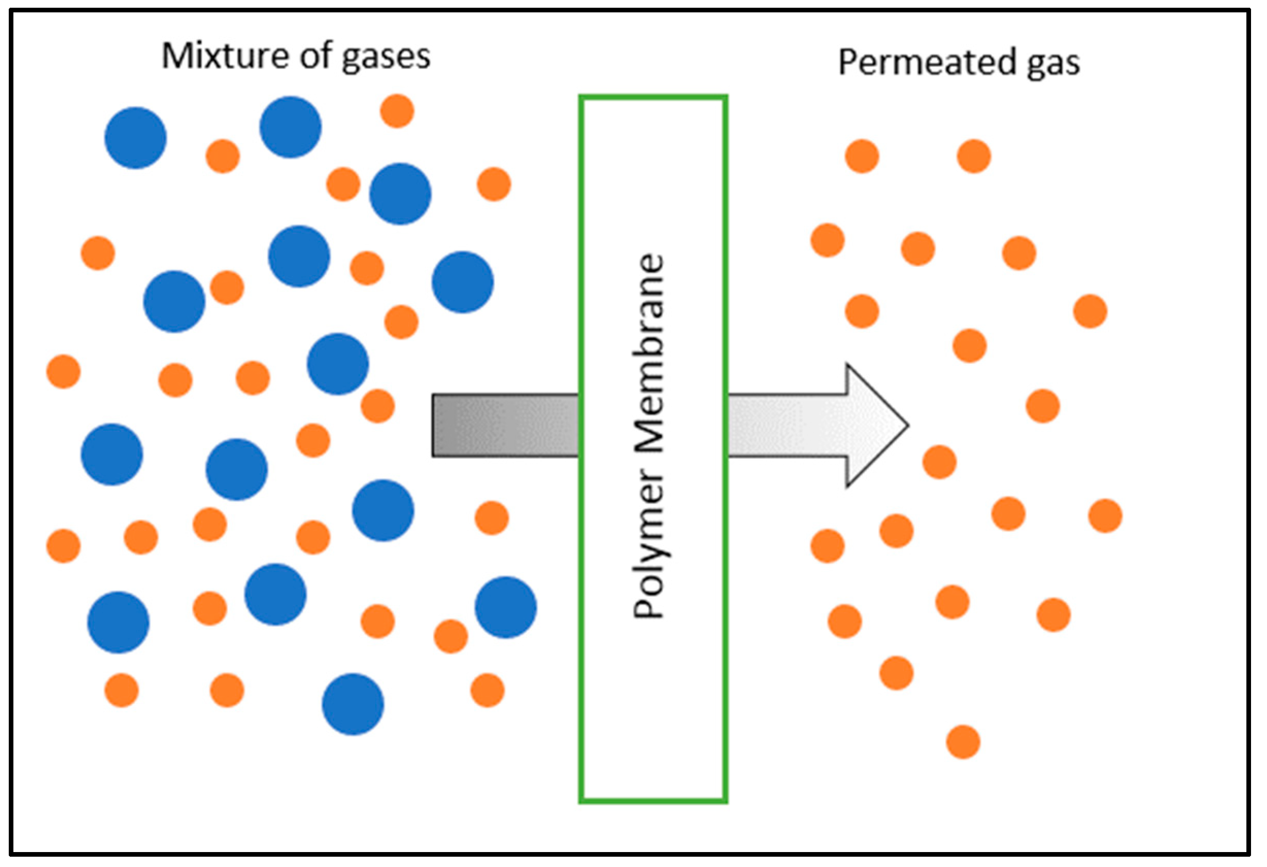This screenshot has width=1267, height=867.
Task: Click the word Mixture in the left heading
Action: pos(228,56)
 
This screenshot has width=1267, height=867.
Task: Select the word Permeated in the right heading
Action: pos(927,62)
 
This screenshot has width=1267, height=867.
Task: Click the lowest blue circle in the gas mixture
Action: pos(353,705)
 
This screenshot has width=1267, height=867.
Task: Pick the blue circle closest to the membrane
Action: pos(505,607)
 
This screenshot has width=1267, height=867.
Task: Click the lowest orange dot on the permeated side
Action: pos(964,742)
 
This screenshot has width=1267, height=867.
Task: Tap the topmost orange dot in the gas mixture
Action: pos(397,111)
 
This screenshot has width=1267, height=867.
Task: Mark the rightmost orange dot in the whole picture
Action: pos(1106,516)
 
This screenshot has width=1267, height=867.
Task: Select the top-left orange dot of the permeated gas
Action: pos(862,157)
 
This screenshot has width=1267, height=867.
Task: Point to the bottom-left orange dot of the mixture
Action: pos(122,690)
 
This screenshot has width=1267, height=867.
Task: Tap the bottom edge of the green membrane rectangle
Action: pos(653,801)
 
